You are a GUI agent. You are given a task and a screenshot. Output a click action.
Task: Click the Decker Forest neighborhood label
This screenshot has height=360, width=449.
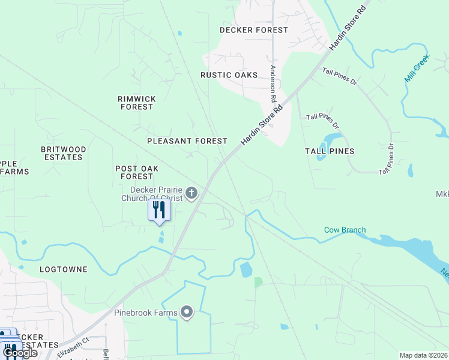point(254,30)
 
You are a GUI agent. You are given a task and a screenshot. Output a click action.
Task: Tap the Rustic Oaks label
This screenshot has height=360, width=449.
point(229,75)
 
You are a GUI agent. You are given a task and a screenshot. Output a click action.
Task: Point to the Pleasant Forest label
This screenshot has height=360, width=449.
point(187,141)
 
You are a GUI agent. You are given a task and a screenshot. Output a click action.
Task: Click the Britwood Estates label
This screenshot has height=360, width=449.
point(63,153)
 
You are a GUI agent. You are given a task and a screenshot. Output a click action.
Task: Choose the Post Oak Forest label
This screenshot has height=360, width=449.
point(137,173)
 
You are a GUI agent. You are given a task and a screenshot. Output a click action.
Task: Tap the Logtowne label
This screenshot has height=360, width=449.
point(64,269)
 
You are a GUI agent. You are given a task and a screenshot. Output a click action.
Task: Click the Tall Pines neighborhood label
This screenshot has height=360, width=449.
point(329,151)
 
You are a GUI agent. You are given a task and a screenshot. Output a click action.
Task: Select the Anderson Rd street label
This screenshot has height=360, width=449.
point(274,83)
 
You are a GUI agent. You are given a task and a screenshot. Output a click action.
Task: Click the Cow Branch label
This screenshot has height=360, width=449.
point(345,230)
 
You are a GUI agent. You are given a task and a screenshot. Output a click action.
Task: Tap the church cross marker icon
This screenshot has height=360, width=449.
point(191,193)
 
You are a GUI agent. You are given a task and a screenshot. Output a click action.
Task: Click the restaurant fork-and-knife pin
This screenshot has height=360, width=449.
point(159,210)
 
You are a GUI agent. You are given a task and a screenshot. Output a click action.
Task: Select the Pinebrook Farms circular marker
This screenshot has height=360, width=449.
point(187,312)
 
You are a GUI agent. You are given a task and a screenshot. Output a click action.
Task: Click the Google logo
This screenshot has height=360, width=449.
point(20,353)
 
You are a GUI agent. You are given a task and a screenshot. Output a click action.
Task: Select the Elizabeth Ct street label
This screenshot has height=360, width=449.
point(73,347)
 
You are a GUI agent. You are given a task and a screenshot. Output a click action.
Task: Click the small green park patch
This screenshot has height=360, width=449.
point(258,281)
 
